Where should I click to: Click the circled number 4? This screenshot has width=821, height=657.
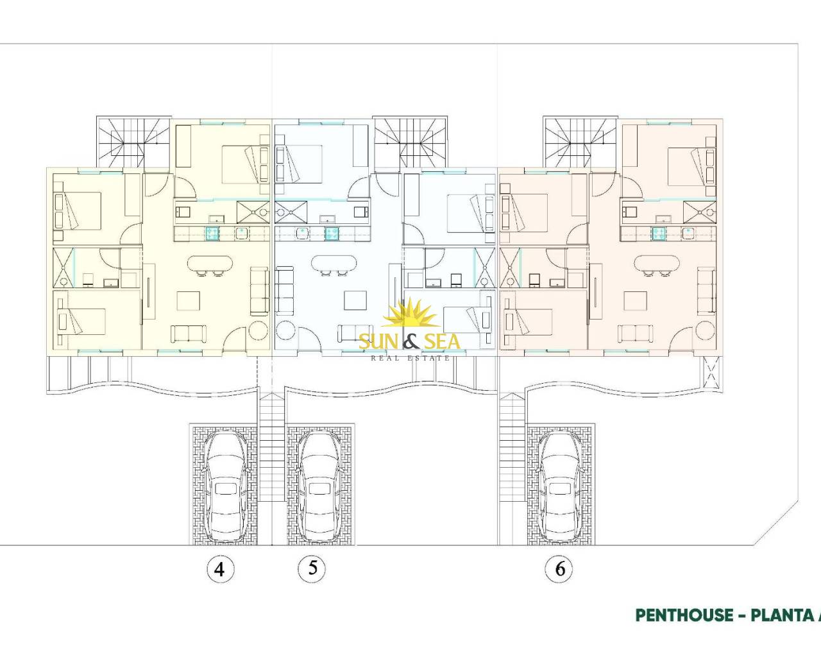coord(220,569)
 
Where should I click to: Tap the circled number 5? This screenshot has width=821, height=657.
coord(312,568)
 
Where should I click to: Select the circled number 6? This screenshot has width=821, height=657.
coord(559,569)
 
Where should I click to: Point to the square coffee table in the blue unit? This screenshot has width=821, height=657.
coord(355,300)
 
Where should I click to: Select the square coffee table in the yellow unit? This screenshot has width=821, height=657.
coord(189,301)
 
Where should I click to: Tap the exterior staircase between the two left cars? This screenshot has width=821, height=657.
coord(271,447)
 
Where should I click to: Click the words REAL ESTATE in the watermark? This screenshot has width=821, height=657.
coord(410,358)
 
